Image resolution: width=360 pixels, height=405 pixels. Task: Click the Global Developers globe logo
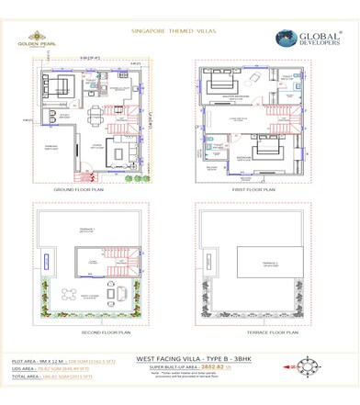285,39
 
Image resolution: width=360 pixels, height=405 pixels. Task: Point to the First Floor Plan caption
252,189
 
